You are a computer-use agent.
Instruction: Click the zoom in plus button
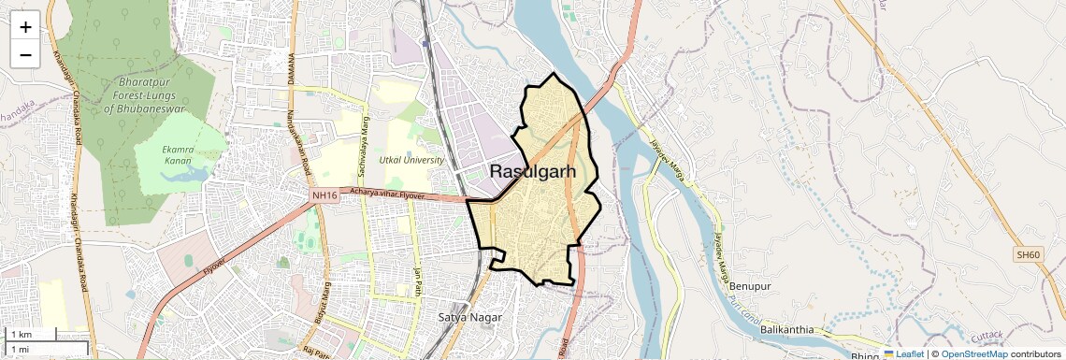tap(25, 27)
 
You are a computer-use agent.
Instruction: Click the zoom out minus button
tap(25, 54)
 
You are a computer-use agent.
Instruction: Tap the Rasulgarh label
tap(533, 171)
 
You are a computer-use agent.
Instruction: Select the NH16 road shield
tap(324, 194)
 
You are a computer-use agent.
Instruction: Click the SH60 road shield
tap(1028, 254)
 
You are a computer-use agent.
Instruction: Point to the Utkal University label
tap(411, 160)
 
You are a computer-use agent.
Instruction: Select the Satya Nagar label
tap(469, 317)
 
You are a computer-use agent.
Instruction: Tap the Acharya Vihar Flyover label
tap(387, 194)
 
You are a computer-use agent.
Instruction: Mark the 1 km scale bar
tap(32, 335)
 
